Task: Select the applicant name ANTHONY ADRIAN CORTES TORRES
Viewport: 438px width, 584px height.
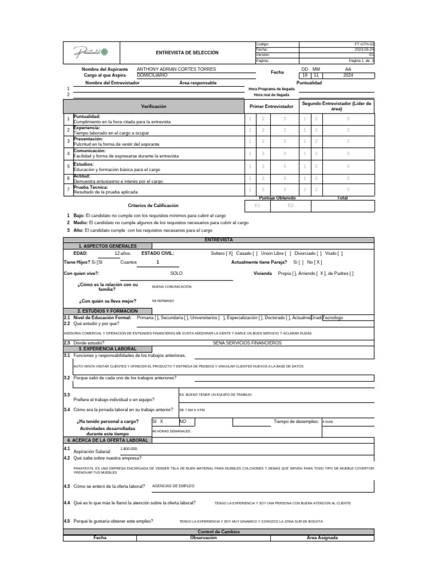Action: point(176,69)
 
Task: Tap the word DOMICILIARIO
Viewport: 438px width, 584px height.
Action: point(152,75)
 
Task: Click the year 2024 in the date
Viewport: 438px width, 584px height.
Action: point(348,75)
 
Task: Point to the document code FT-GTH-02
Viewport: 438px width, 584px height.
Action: point(364,44)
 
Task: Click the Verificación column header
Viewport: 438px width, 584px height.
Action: point(153,107)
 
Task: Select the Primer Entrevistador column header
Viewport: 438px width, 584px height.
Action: point(271,107)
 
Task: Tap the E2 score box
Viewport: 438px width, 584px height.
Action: point(290,205)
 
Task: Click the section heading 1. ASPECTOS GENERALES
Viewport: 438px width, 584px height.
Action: point(108,246)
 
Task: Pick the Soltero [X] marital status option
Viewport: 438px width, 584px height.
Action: point(222,253)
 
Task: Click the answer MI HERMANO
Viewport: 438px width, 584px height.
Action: point(163,301)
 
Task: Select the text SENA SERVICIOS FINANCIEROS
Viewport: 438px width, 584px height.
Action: point(247,343)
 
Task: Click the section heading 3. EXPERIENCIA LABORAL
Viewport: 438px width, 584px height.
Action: point(108,348)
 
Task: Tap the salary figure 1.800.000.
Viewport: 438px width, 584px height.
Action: point(129,449)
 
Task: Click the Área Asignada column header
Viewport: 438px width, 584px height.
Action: point(322,538)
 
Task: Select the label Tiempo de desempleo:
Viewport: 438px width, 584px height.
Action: point(296,421)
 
